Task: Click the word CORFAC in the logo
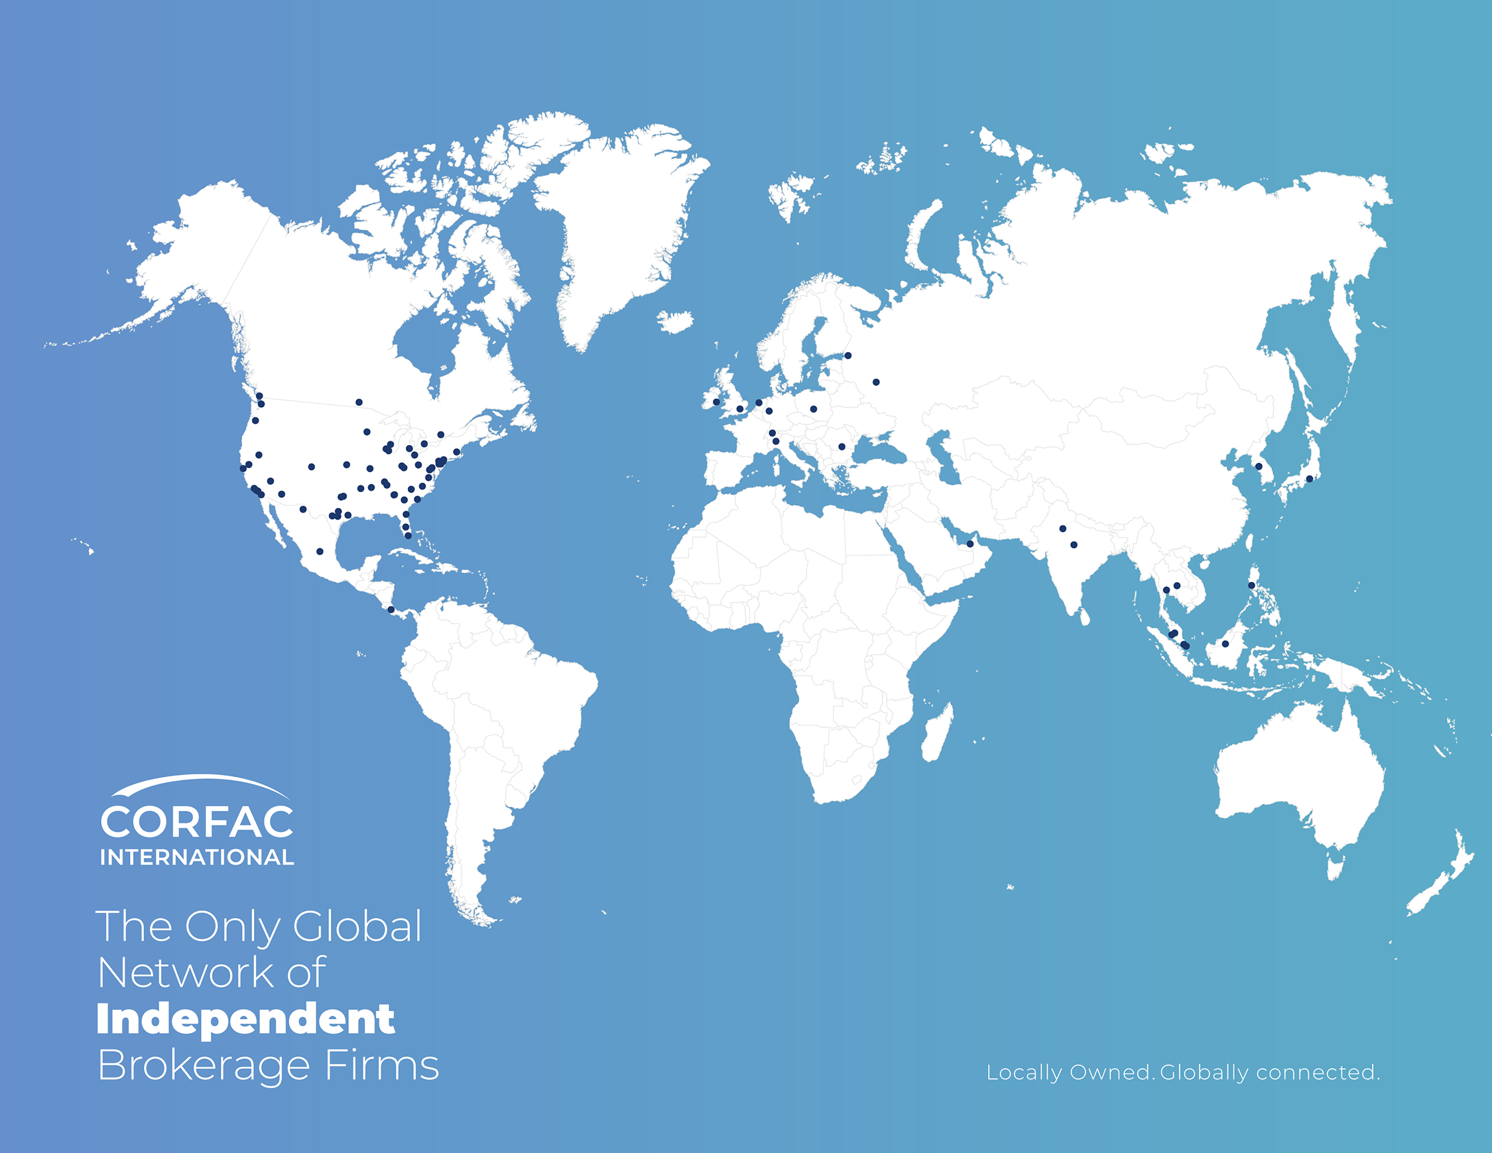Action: coord(197,821)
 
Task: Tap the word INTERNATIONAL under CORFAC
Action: coord(197,857)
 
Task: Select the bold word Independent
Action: coord(246,1019)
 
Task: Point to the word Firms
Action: coord(382,1065)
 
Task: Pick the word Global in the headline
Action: coord(357,927)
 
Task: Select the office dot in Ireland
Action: coord(716,402)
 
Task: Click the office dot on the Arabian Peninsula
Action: coord(969,544)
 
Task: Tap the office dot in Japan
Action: coord(1309,479)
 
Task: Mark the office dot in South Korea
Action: coord(1259,467)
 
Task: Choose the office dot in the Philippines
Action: coord(1251,585)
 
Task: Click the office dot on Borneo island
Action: coord(1225,643)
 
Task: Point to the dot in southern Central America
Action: coord(391,609)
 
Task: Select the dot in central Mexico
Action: coord(320,551)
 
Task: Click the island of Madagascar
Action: coord(938,732)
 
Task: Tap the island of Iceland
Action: coord(676,322)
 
